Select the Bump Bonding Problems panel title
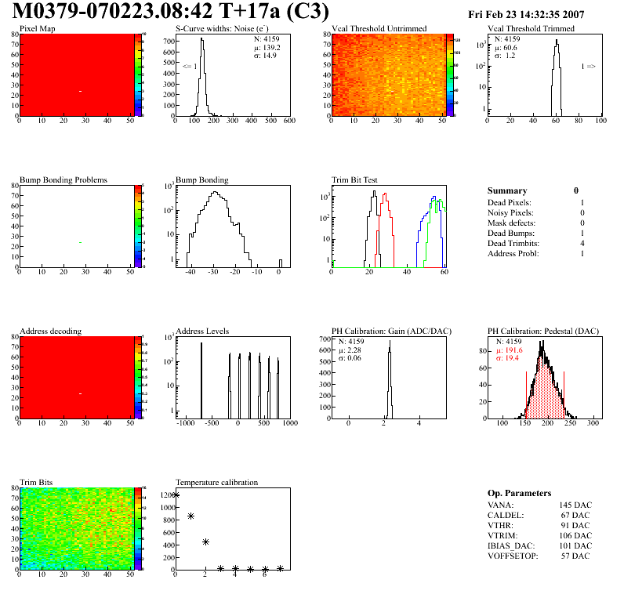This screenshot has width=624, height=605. (x=63, y=180)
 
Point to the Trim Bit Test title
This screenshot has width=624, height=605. (x=354, y=180)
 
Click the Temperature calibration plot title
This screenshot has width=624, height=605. (x=216, y=482)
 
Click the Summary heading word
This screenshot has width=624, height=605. (x=507, y=190)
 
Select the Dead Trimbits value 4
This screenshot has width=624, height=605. (x=582, y=243)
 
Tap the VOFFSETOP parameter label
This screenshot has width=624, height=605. (x=512, y=556)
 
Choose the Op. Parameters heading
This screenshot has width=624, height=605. (x=519, y=493)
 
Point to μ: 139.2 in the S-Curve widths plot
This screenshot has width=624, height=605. (x=267, y=47)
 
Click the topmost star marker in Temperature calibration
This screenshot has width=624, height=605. (x=176, y=495)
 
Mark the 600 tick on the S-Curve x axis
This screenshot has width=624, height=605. (x=288, y=121)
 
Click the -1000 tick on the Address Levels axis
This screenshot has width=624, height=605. (x=185, y=423)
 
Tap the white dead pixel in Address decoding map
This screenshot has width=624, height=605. (x=80, y=393)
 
